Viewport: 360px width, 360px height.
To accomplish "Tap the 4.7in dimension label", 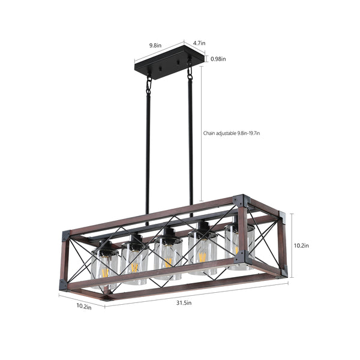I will click(x=200, y=43).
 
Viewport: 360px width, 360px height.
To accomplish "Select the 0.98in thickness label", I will click(x=218, y=59).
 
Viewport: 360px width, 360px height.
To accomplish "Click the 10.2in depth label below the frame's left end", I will click(x=83, y=307).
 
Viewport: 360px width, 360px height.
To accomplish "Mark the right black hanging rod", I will click(x=191, y=144).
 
